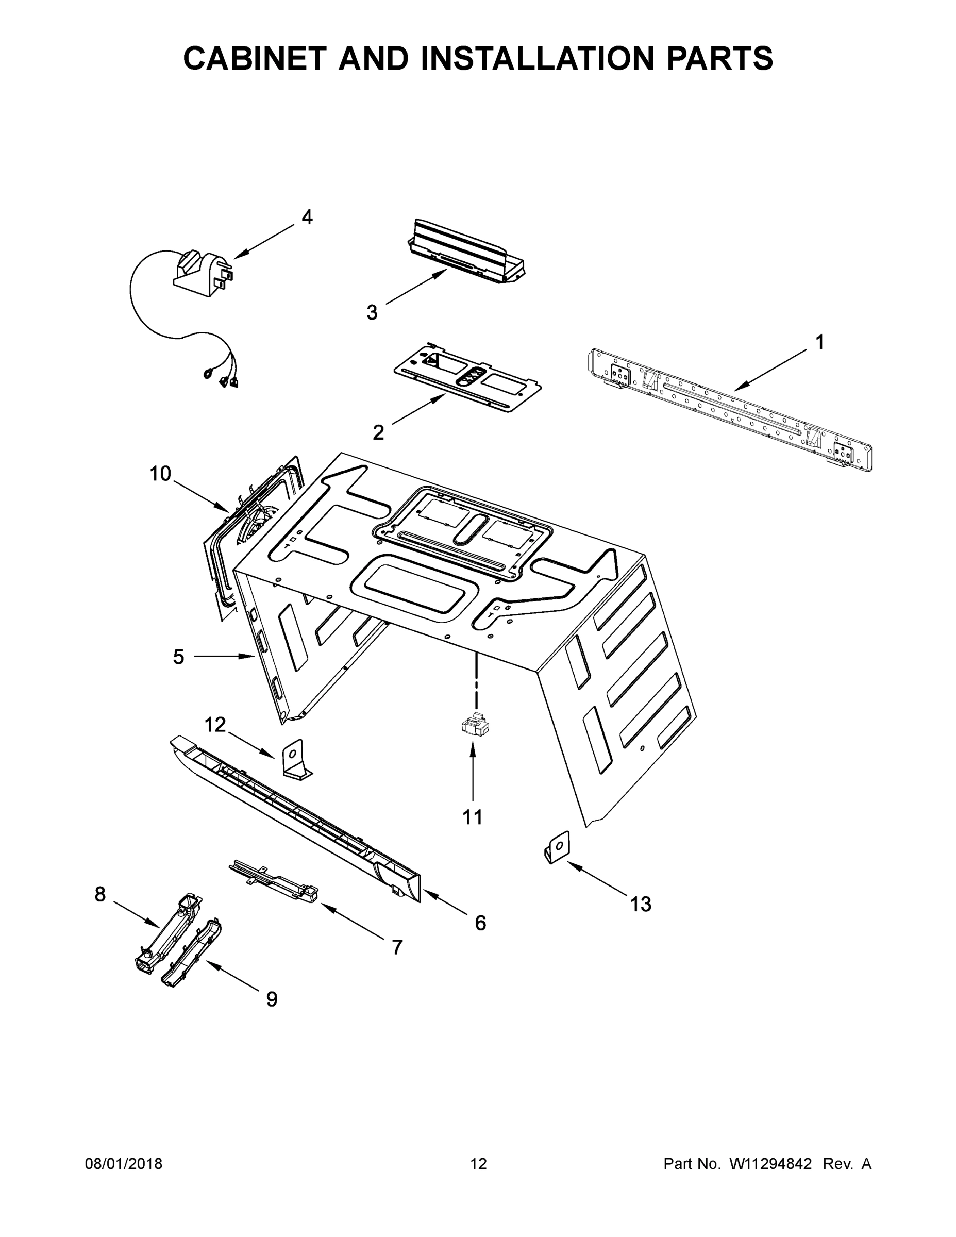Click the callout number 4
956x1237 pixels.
tap(307, 217)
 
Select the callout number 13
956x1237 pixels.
tap(641, 905)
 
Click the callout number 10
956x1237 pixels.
tap(160, 474)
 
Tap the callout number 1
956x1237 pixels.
tap(819, 342)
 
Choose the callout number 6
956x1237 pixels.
tap(480, 923)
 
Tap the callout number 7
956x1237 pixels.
tap(397, 947)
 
